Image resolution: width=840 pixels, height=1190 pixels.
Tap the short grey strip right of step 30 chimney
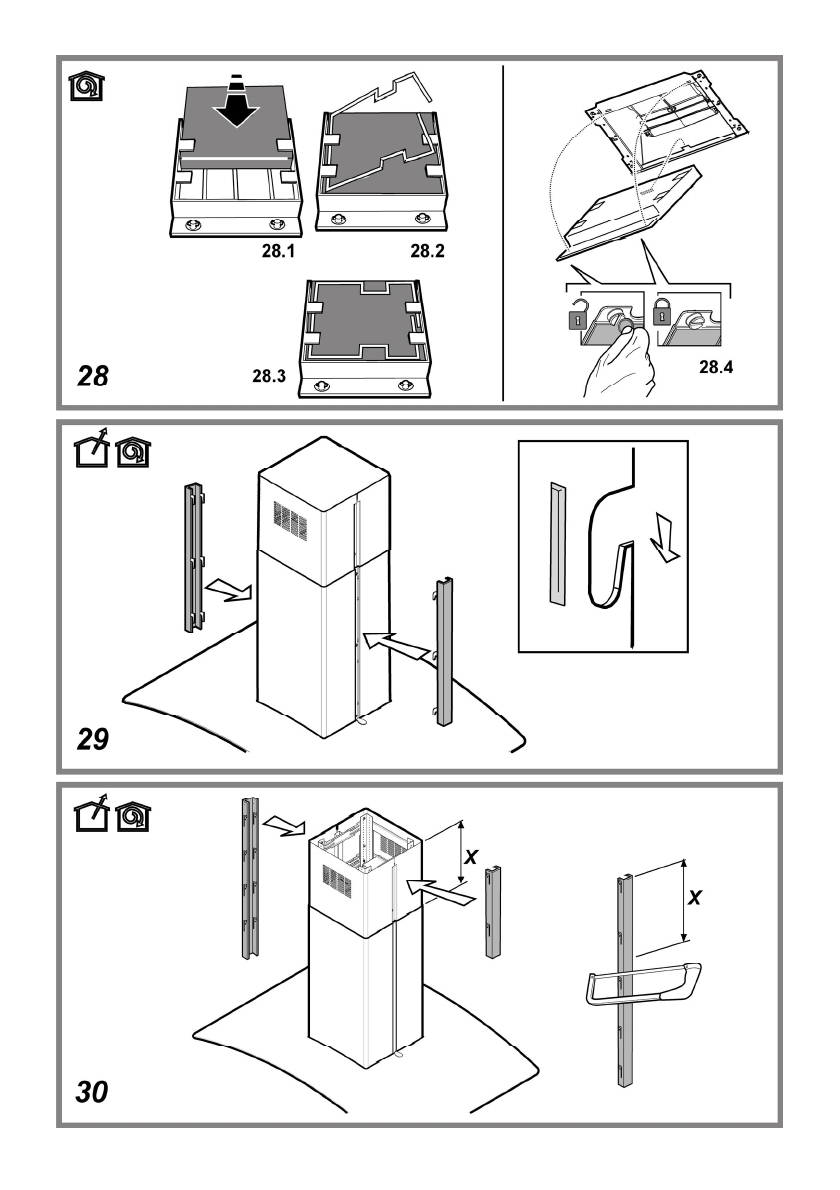point(493,912)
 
